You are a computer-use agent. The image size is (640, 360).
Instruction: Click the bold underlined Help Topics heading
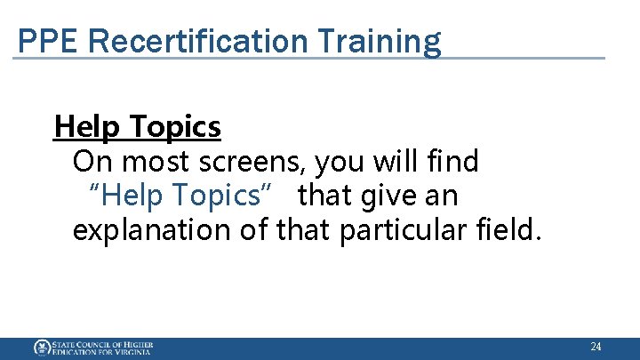tap(138, 128)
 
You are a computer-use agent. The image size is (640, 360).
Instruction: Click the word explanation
tap(150, 230)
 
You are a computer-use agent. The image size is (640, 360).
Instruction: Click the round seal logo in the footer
tap(42, 348)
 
